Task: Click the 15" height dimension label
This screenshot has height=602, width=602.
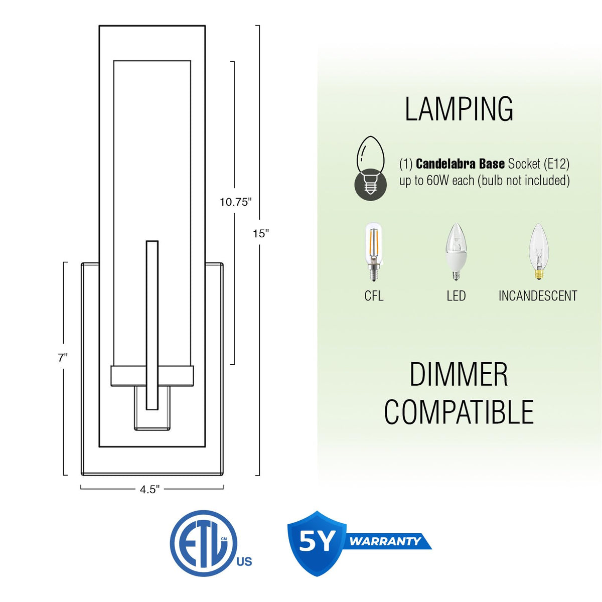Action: point(261,233)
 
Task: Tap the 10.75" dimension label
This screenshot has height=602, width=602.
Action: point(236,202)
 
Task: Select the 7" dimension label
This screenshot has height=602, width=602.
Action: point(63,358)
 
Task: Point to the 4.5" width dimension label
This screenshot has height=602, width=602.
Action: point(149,490)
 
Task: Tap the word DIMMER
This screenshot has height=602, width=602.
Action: point(459,374)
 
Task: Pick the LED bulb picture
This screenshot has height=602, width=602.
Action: point(457,251)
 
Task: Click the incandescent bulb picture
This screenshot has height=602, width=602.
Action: point(539,251)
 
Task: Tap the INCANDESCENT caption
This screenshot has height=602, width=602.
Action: point(538,296)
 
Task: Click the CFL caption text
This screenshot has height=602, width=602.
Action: point(374,296)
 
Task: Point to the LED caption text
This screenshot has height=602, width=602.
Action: point(456,296)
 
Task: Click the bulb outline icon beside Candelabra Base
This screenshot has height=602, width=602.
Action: point(371,169)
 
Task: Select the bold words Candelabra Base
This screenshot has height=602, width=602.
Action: point(460,164)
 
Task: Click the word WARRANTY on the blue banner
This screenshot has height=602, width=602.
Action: point(385,541)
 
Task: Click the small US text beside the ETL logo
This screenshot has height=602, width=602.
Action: point(244,561)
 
